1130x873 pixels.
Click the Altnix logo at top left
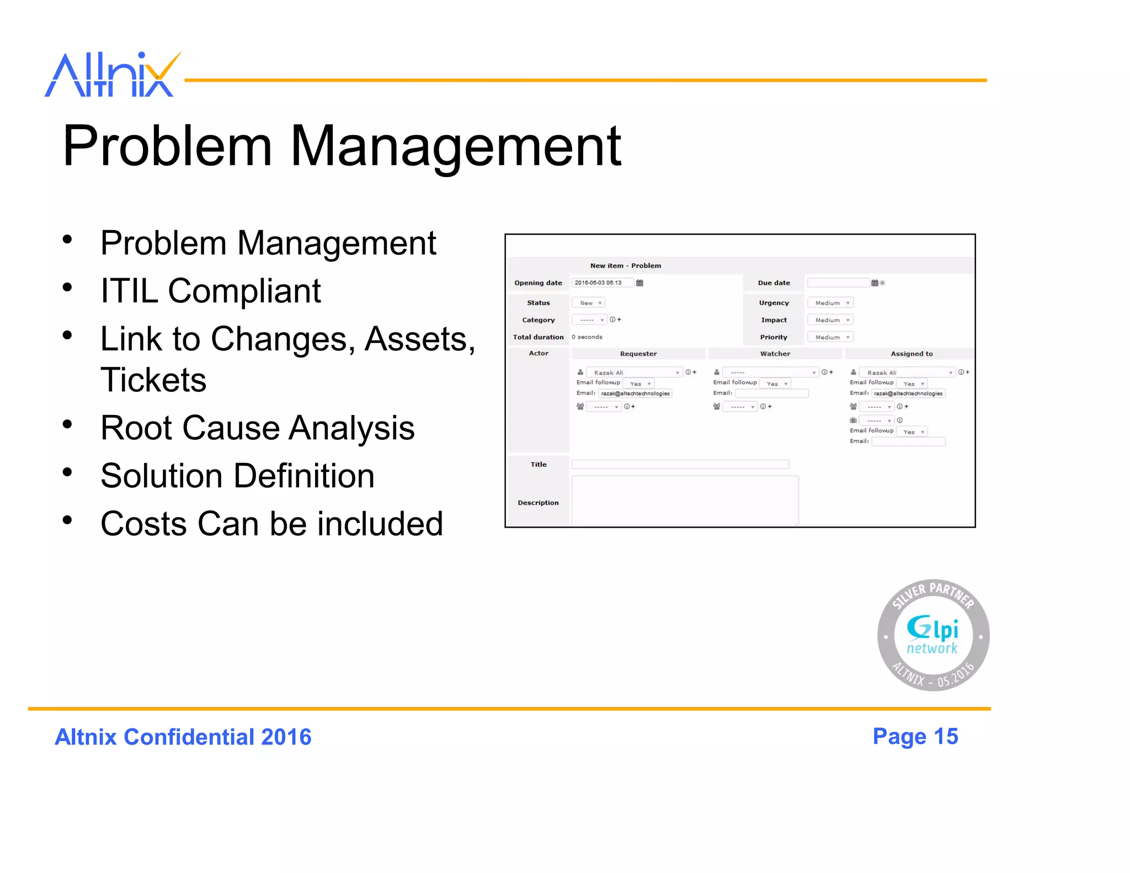pos(113,75)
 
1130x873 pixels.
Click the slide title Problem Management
pos(342,146)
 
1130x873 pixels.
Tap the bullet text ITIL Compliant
pos(210,291)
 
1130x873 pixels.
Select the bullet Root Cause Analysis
pos(257,428)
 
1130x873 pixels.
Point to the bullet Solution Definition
pos(237,476)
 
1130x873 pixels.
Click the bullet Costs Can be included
pos(271,524)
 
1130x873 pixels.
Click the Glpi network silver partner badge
pos(933,635)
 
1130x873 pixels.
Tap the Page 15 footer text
pos(915,737)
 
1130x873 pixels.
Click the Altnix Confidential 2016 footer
pos(183,737)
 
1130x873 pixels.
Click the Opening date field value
pos(601,283)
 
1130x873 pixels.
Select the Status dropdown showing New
pos(589,303)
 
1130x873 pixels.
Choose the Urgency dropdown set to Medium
pos(830,303)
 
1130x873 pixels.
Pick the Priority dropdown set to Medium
pos(830,337)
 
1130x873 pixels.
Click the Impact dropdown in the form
pos(830,320)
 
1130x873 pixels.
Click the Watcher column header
pos(775,354)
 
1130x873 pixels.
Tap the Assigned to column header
pos(912,354)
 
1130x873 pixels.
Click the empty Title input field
pos(680,465)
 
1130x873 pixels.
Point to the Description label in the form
pos(538,503)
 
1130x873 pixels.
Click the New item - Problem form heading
pos(625,265)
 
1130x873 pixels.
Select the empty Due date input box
pos(838,283)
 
